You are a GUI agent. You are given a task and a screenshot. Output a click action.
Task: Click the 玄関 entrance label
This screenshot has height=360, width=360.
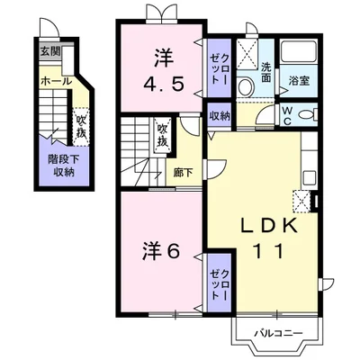[50, 52]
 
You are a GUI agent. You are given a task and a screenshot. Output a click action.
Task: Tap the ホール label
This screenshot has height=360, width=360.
[56, 81]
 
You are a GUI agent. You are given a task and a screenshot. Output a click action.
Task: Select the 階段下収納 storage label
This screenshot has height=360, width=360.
[64, 166]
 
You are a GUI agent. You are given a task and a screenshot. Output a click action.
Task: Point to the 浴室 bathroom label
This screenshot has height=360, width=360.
[299, 81]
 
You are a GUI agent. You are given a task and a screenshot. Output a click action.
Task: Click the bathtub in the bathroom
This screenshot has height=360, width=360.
[299, 51]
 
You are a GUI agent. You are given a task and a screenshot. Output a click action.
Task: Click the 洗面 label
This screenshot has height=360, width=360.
[265, 72]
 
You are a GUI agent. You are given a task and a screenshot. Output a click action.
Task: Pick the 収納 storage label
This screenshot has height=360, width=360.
[220, 115]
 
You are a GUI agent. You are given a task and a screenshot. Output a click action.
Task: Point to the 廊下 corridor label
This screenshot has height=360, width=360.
[184, 173]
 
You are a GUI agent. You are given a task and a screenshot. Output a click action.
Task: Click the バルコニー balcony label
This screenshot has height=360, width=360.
[279, 333]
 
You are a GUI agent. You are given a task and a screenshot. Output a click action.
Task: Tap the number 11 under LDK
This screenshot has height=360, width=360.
[268, 251]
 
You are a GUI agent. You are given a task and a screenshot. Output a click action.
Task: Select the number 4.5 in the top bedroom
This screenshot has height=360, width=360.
[164, 84]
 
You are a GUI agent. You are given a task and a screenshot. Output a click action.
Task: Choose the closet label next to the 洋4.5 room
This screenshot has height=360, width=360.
[220, 68]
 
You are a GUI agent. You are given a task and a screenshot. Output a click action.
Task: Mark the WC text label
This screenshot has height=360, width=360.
[287, 115]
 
